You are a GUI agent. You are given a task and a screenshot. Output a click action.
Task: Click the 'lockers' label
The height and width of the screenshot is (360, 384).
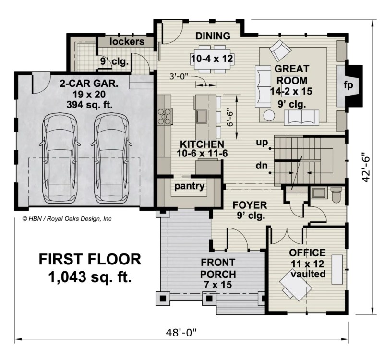click(127, 42)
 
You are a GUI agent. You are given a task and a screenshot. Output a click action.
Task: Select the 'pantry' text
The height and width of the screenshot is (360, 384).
click(189, 186)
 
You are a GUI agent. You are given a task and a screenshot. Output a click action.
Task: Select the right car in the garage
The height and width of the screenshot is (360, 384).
click(112, 158)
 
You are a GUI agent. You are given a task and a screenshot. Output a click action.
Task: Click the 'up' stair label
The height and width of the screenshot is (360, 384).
click(261, 143)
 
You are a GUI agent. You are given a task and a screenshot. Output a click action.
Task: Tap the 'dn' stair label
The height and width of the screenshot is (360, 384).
click(261, 167)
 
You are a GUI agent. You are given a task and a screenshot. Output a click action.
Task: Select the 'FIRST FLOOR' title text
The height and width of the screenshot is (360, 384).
click(90, 260)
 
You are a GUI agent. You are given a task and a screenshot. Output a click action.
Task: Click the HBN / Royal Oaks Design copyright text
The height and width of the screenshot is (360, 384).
click(67, 219)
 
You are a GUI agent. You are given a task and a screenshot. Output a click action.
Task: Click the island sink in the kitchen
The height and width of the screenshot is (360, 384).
click(201, 116)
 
